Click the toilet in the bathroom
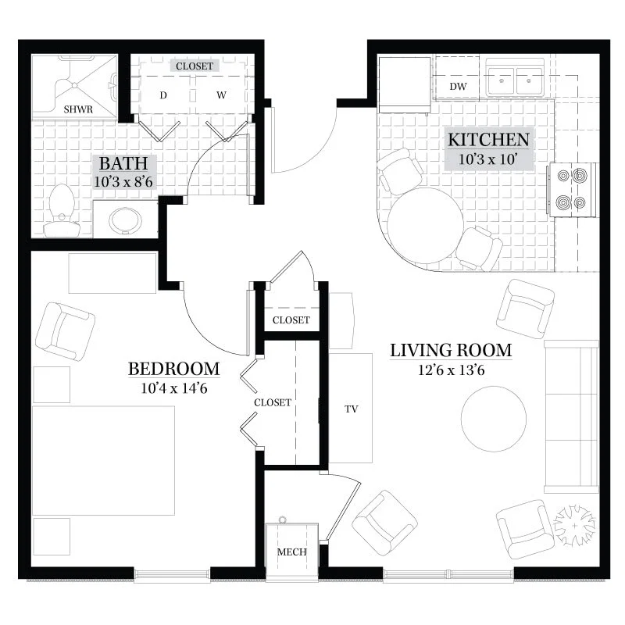[62, 210]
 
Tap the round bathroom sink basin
[125, 220]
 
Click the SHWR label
[78, 109]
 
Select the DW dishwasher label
[458, 87]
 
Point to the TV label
[351, 409]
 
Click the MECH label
[291, 552]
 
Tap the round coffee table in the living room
[494, 419]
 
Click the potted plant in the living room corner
[574, 525]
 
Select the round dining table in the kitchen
[425, 225]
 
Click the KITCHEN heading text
[489, 140]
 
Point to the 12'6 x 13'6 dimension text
[452, 370]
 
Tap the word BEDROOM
[174, 369]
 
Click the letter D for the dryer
[163, 95]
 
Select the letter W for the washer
[222, 95]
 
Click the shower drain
[74, 85]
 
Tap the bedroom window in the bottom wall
[172, 574]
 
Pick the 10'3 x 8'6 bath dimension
[123, 182]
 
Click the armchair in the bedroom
[65, 332]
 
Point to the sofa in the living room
[571, 416]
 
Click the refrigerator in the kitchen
[405, 85]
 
